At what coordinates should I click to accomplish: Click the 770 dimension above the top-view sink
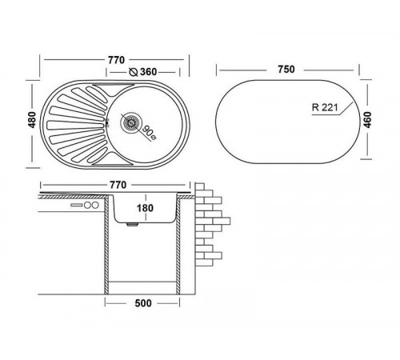pyautogui.click(x=116, y=60)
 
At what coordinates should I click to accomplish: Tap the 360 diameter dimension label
pyautogui.click(x=148, y=72)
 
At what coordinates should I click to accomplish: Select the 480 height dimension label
pyautogui.click(x=32, y=120)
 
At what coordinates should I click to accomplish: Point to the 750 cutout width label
pyautogui.click(x=286, y=70)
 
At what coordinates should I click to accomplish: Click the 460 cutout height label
pyautogui.click(x=367, y=120)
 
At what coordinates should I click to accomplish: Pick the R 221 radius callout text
pyautogui.click(x=325, y=107)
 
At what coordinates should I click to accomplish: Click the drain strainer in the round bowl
pyautogui.click(x=130, y=122)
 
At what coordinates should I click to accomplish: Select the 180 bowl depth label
pyautogui.click(x=145, y=208)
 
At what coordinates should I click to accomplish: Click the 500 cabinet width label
pyautogui.click(x=143, y=303)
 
